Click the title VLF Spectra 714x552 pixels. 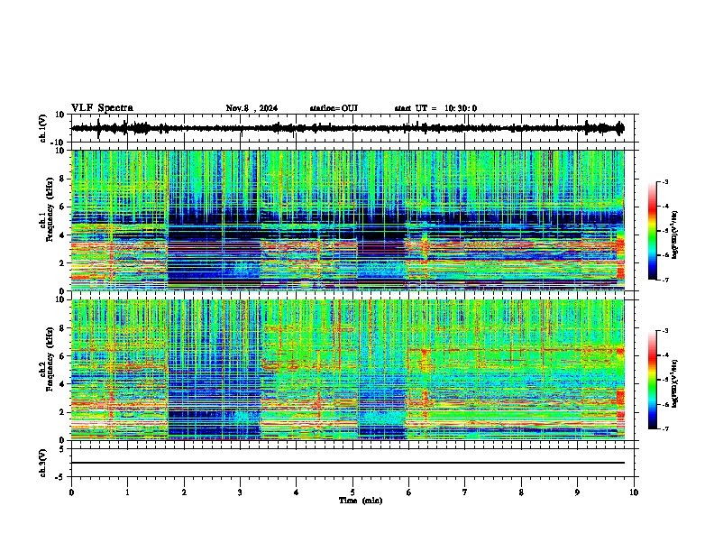point(102,107)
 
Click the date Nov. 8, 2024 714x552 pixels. point(252,108)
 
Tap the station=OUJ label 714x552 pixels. point(334,108)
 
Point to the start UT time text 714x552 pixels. point(435,108)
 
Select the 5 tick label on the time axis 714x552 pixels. point(352,492)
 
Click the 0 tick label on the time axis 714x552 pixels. point(71,492)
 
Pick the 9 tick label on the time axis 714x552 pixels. point(578,492)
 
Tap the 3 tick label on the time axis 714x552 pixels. point(240,492)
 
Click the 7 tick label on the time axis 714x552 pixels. point(465,492)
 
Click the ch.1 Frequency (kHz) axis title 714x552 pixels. point(45,221)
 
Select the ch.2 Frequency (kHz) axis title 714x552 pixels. point(45,370)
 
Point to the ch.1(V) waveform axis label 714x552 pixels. point(43,128)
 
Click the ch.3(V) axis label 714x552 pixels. point(43,462)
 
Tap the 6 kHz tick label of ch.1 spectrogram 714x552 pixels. point(62,207)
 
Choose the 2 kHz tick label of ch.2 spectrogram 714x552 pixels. point(62,411)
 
